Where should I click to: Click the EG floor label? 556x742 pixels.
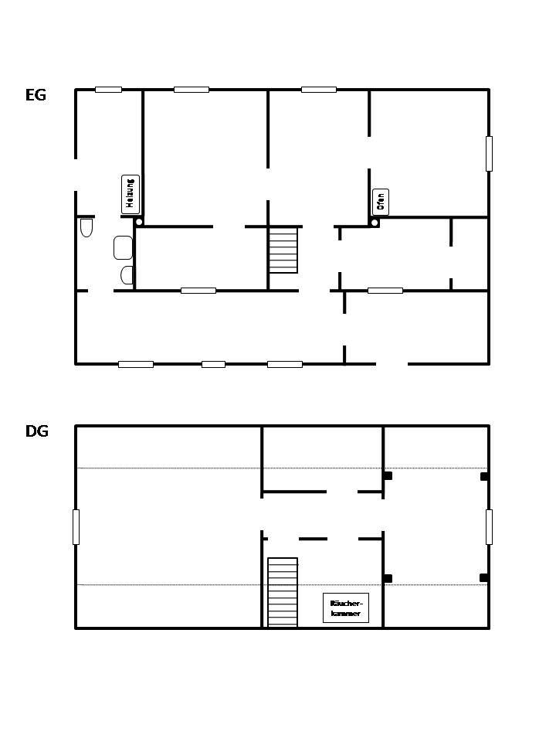coord(36,95)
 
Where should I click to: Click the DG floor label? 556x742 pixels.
coord(36,431)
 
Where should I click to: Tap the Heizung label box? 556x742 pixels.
coord(131,194)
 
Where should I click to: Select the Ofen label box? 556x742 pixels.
coord(381,202)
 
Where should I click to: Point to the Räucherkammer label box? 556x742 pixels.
coord(345,608)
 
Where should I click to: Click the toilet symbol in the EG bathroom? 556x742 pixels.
coord(86,227)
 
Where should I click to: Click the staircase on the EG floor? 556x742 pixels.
coord(283,250)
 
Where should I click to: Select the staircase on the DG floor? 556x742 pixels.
coord(283,592)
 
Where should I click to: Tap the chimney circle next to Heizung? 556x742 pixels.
coord(139,222)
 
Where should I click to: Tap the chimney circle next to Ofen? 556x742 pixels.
coord(375,223)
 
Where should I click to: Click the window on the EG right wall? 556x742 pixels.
coord(489,153)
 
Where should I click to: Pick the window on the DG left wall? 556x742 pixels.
coord(76,526)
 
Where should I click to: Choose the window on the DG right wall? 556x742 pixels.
coord(489,526)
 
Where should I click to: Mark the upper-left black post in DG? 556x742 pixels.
coord(388,475)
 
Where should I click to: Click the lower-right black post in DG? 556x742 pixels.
coord(483,577)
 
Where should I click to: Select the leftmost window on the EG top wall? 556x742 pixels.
coord(108,90)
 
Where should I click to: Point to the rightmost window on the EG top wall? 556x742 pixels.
coord(318,90)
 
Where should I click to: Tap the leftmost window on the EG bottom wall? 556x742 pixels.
coord(135,364)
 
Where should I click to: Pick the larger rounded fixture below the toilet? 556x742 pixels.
coord(123,247)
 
